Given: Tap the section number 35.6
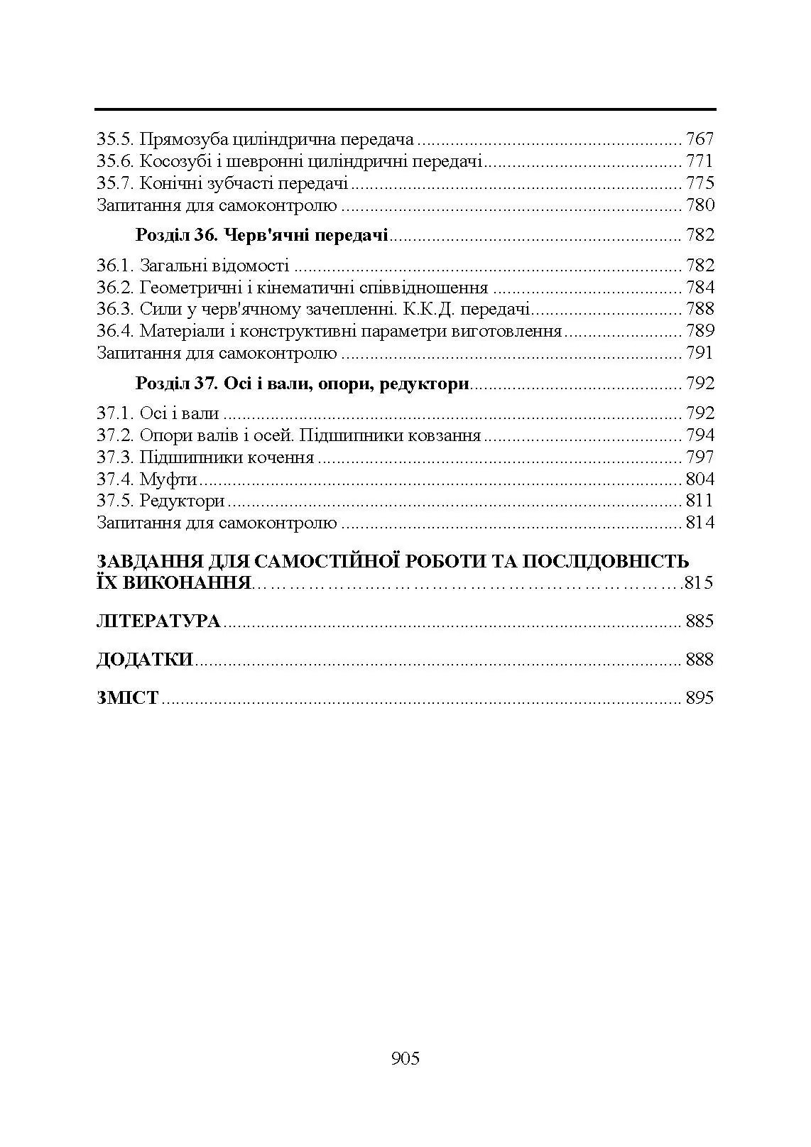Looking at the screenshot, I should pyautogui.click(x=115, y=161).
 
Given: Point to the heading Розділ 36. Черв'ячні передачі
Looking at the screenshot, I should pyautogui.click(x=261, y=235).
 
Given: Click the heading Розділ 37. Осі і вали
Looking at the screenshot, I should pyautogui.click(x=302, y=384).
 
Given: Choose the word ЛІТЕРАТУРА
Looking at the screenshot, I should pyautogui.click(x=158, y=621).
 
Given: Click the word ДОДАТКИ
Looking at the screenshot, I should pyautogui.click(x=145, y=660).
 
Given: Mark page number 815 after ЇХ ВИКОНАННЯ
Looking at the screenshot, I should pyautogui.click(x=699, y=584).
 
